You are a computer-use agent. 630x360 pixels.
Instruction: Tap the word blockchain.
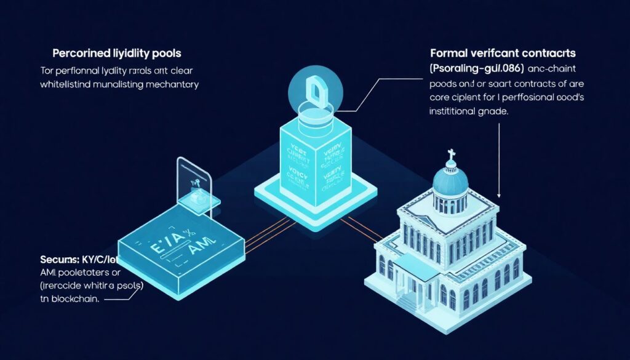coord(74,300)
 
